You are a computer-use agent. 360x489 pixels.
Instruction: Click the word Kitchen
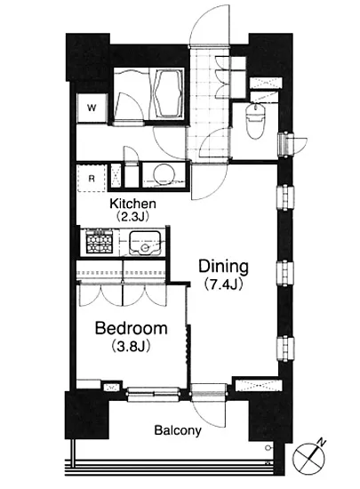[132, 204]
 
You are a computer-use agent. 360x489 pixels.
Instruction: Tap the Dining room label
[223, 267]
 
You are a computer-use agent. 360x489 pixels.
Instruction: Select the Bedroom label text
[132, 328]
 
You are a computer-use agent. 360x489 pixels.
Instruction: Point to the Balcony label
[178, 430]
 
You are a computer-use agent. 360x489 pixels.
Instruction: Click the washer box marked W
[92, 108]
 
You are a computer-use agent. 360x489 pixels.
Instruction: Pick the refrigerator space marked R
[92, 179]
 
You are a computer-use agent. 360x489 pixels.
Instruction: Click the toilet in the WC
[256, 121]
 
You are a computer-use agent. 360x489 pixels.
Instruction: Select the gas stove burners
[100, 241]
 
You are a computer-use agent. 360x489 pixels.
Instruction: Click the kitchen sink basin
[145, 244]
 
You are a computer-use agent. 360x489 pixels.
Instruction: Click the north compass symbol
[308, 459]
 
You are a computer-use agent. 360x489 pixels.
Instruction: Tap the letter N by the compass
[322, 442]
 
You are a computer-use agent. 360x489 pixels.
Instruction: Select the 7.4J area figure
[223, 285]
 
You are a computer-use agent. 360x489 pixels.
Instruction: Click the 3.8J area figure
[131, 346]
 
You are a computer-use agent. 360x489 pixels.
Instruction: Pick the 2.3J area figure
[132, 216]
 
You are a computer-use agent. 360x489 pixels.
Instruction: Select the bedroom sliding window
[154, 394]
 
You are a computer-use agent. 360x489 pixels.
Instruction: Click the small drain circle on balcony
[268, 448]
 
